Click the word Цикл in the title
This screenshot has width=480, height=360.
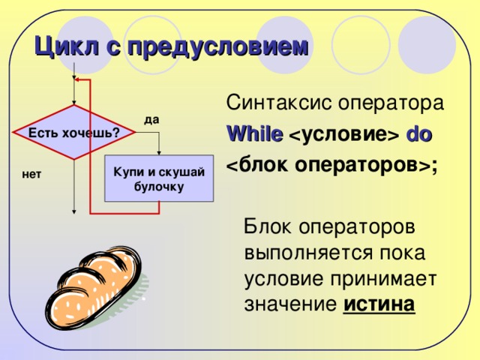tap(67, 46)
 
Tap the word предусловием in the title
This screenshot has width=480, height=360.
tap(217, 48)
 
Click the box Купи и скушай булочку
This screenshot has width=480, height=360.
tap(159, 178)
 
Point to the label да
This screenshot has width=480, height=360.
tap(151, 119)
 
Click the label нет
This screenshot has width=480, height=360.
tap(31, 174)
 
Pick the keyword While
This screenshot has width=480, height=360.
tap(255, 133)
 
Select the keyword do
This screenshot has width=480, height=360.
tap(418, 134)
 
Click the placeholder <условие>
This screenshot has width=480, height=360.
tap(344, 135)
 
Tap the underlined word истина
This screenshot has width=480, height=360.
tap(379, 304)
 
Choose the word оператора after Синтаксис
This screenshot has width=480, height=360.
tap(391, 103)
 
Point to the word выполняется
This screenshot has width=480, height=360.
tap(309, 253)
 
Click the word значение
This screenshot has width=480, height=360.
tap(290, 304)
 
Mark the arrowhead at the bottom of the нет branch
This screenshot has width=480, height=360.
tap(73, 211)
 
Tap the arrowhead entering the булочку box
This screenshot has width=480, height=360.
tap(159, 153)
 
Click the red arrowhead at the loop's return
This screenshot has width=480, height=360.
tap(77, 79)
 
